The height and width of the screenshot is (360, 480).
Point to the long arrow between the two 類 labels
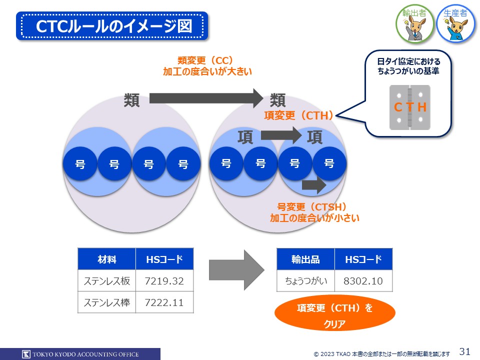click(x=205, y=98)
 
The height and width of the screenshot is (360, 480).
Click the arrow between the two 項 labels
click(x=280, y=134)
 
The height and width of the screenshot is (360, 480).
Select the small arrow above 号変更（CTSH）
click(x=313, y=185)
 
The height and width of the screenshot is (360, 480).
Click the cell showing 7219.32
click(x=164, y=281)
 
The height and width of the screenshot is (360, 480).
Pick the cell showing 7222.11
click(x=164, y=302)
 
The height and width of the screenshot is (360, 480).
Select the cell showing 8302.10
click(x=363, y=281)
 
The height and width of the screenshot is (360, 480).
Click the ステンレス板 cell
click(x=106, y=281)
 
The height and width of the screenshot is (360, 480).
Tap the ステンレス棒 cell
click(x=106, y=302)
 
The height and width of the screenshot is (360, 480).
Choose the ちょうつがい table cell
click(x=305, y=281)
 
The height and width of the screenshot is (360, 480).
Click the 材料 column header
click(x=106, y=259)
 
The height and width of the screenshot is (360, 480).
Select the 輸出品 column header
click(x=305, y=259)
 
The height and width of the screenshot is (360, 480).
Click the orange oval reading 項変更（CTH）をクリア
click(x=335, y=315)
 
